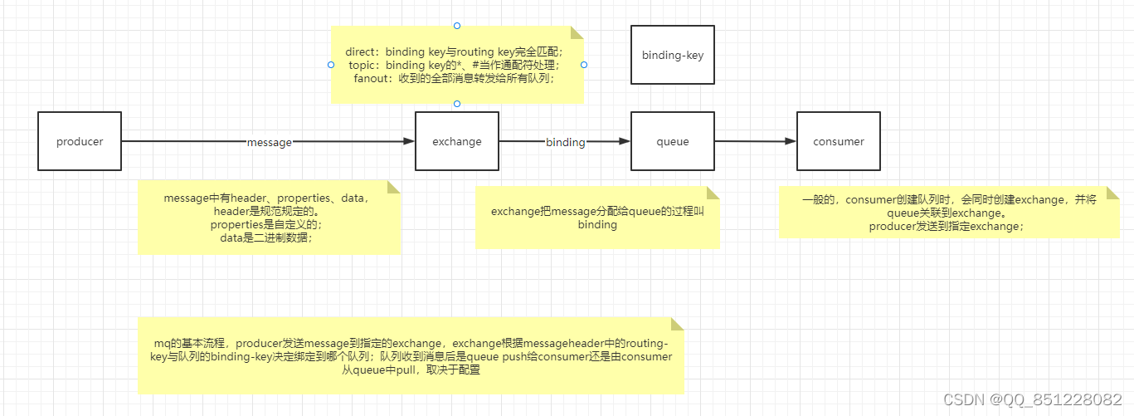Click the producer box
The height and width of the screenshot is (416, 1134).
(80, 141)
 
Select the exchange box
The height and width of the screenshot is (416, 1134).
(457, 141)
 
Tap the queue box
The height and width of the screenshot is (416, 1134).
(673, 141)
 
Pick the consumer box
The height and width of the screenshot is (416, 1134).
(839, 141)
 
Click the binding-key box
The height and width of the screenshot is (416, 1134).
(673, 55)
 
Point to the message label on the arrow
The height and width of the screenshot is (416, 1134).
(270, 142)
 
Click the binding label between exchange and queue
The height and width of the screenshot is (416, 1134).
(565, 142)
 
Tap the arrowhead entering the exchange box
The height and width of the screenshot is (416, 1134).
(409, 142)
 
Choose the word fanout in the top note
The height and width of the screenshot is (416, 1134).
(371, 78)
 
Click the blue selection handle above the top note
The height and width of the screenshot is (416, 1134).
(457, 26)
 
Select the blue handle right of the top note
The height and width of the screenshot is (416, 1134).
(584, 64)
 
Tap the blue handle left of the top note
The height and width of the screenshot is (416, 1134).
(331, 64)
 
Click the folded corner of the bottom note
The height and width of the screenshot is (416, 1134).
(678, 323)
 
